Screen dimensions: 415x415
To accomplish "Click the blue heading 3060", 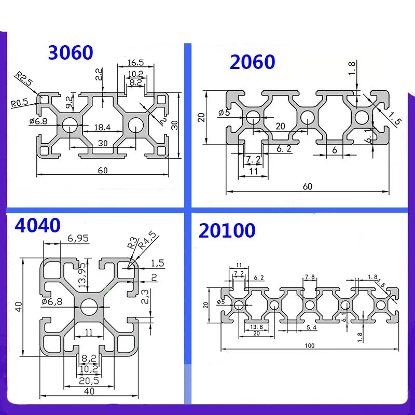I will (71, 52).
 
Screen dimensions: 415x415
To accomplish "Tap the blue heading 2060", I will (252, 62).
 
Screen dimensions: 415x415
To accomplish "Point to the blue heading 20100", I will (227, 230).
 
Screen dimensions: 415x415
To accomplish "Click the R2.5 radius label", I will (23, 80).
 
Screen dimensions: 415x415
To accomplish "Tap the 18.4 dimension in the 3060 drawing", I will (101, 127).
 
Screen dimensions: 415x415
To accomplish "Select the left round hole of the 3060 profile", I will (69, 125).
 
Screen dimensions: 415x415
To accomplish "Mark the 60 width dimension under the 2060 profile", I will (308, 187).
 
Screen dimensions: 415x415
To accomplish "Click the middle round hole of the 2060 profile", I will (306, 116).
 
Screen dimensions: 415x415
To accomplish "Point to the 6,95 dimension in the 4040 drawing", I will (78, 239).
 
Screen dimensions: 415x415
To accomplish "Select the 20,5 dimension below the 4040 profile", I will (89, 380).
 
